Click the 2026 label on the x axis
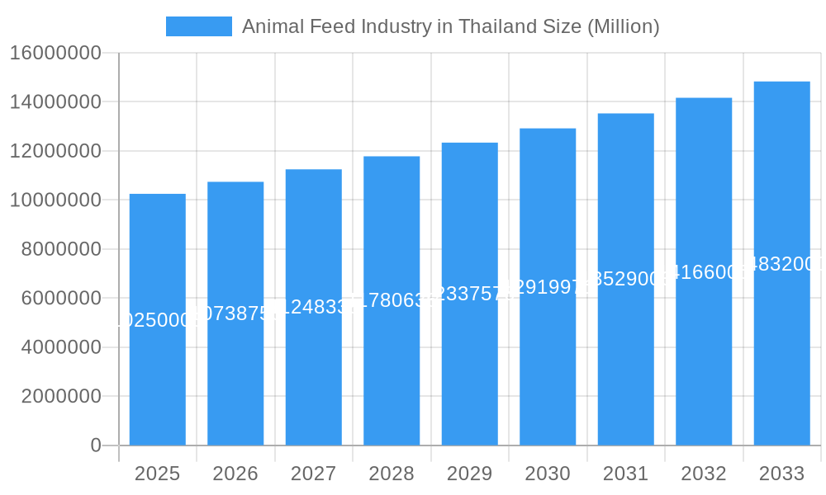pos(235,474)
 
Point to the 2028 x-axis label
pos(392,474)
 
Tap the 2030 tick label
pos(548,474)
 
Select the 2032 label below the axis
pos(704,474)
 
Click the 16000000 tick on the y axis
pos(55,54)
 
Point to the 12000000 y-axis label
pos(55,152)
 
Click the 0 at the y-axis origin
pos(96,445)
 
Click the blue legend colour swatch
pos(199,26)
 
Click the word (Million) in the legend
pos(623,26)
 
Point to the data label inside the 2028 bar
pos(392,300)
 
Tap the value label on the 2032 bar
pos(704,272)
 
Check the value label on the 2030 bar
pos(548,287)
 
